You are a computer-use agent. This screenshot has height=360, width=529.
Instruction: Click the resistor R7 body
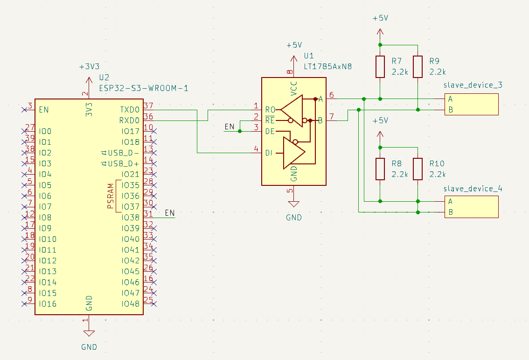pos(380,67)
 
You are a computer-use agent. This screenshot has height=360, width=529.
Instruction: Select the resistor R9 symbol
pos(418,67)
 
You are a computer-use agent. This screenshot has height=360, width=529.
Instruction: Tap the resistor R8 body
pos(380,169)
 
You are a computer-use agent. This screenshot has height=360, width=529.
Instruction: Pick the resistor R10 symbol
pos(418,169)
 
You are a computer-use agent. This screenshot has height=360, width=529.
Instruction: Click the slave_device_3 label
pos(473,85)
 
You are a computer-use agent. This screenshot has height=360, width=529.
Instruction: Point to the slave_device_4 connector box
pos(471,207)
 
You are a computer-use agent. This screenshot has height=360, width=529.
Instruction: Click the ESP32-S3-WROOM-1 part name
pos(143,88)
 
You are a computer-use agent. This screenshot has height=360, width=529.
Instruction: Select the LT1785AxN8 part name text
pos(327,67)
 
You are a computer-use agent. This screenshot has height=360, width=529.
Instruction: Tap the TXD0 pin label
pos(130,110)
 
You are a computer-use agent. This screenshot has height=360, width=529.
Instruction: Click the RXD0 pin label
pos(130,120)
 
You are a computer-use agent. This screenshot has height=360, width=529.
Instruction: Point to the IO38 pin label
pos(130,218)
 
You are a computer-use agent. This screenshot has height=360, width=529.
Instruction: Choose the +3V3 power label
pos(89,66)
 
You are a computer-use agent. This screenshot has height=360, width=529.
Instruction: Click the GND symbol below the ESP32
pos(89,333)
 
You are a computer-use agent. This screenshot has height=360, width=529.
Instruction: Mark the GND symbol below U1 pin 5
pos(293,204)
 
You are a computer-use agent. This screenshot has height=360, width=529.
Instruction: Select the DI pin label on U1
pos(270,153)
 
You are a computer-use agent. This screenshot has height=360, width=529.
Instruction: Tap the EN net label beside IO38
pos(170,213)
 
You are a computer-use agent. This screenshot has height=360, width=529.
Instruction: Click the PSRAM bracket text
pos(111,196)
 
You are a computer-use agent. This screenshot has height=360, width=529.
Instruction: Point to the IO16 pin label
pos(48,304)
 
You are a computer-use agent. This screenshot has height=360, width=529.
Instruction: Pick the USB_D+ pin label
pos(123,164)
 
